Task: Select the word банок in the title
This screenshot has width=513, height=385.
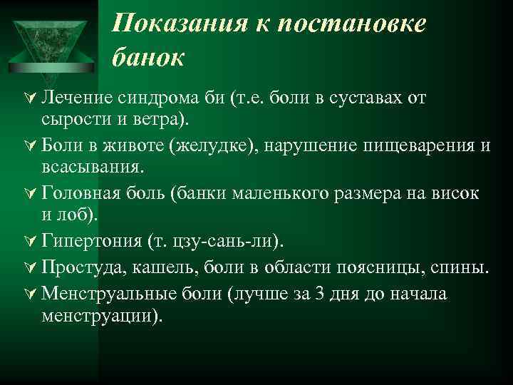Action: point(148,57)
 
